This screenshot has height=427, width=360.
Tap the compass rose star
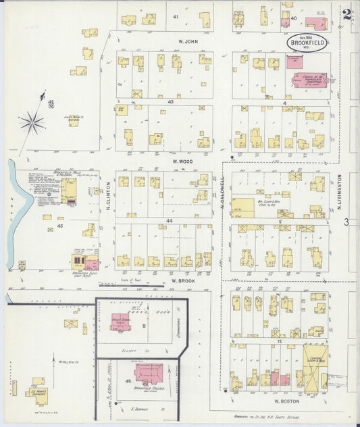(32, 122)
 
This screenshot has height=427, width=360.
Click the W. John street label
(186, 41)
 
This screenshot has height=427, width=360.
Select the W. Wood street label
(183, 161)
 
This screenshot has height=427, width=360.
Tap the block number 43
(171, 101)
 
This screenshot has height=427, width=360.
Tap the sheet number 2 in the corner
(346, 13)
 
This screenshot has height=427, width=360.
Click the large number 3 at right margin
(345, 222)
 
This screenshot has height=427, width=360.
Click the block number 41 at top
(176, 16)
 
